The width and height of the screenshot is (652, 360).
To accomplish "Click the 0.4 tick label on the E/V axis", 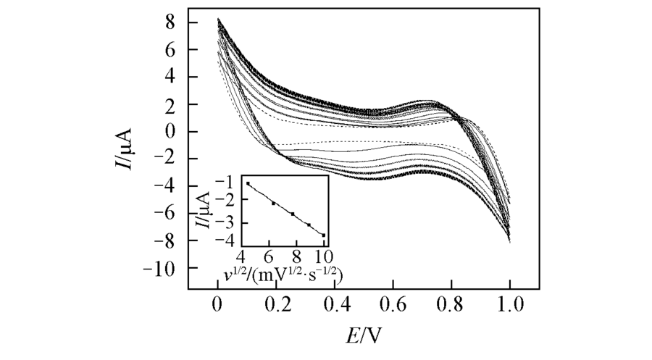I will (x=334, y=304).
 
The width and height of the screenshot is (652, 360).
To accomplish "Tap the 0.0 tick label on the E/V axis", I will (x=217, y=304).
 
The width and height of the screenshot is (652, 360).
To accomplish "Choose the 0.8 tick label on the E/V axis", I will (x=451, y=304).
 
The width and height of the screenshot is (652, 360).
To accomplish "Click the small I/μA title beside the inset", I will (x=204, y=209).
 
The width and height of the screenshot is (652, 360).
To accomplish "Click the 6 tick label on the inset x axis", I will (x=269, y=256).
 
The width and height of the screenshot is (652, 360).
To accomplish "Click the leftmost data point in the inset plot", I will (x=248, y=184).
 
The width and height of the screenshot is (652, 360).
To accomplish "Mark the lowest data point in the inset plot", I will (x=324, y=235).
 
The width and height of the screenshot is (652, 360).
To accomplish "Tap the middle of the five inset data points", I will (x=293, y=214).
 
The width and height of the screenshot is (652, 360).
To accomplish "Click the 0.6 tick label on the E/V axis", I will (x=393, y=304).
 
